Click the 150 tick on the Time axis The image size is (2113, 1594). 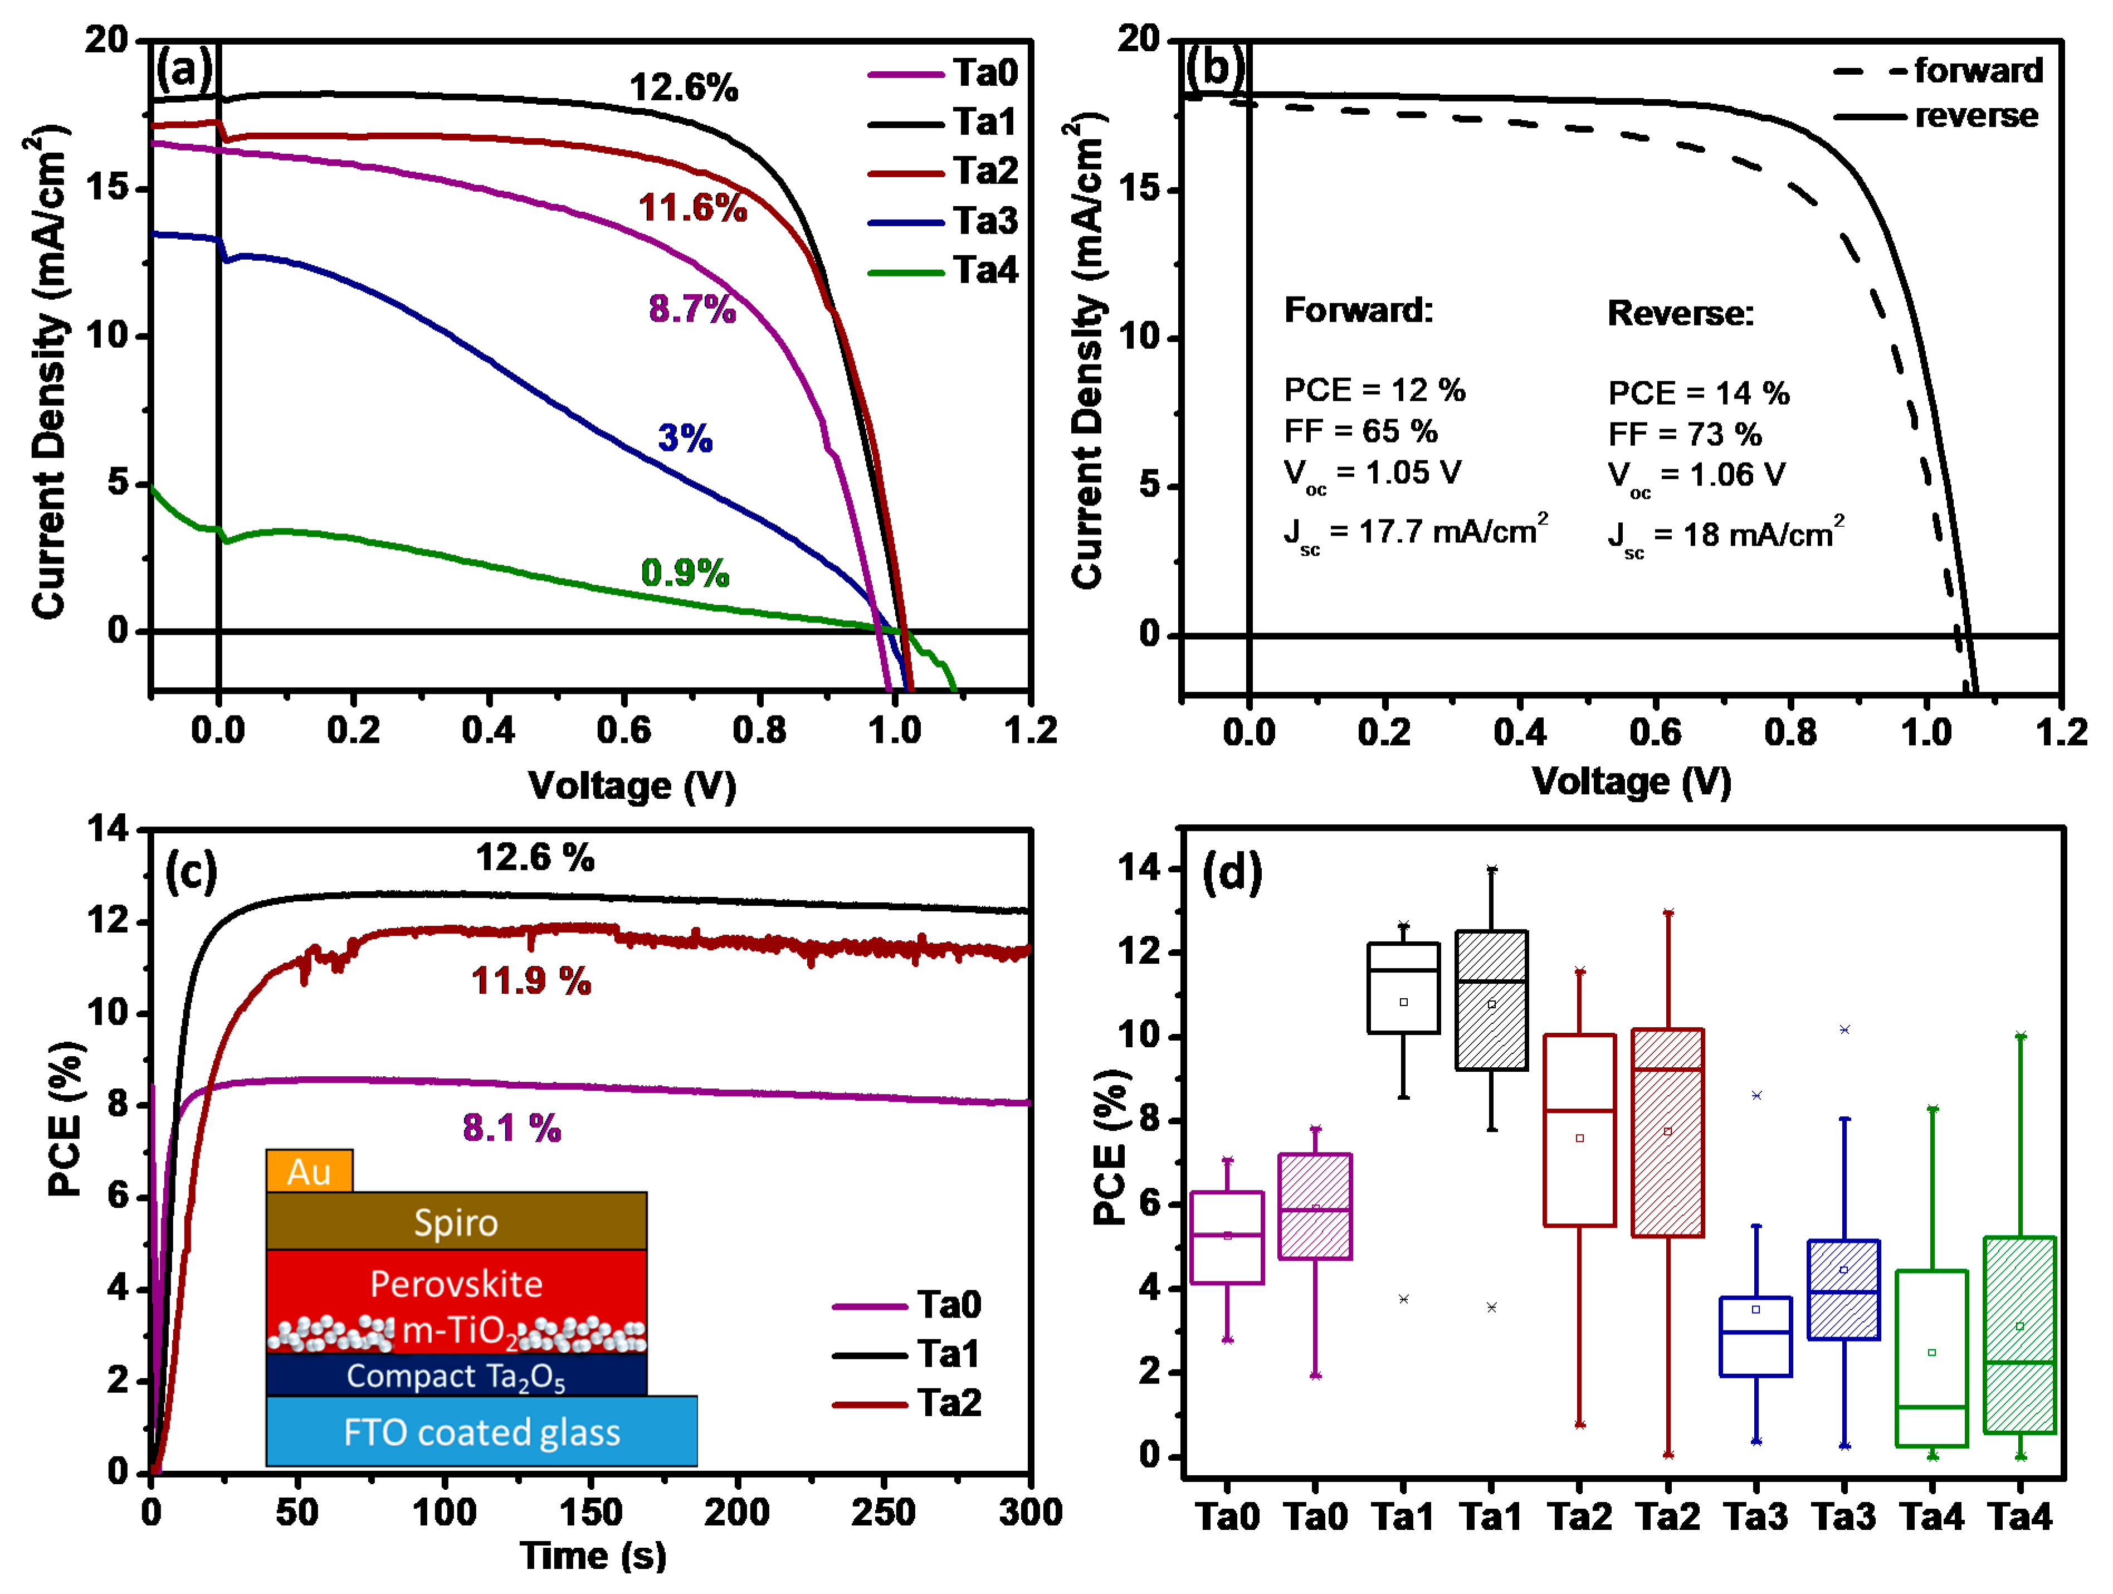click(591, 1513)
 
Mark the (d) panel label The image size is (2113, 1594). click(1231, 872)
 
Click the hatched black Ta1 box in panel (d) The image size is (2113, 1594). click(1491, 1000)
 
